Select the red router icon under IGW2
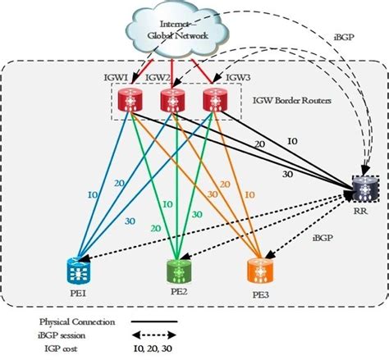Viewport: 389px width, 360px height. point(171,99)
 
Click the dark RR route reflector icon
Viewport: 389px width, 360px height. point(362,190)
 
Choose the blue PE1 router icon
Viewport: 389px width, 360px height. point(79,267)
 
